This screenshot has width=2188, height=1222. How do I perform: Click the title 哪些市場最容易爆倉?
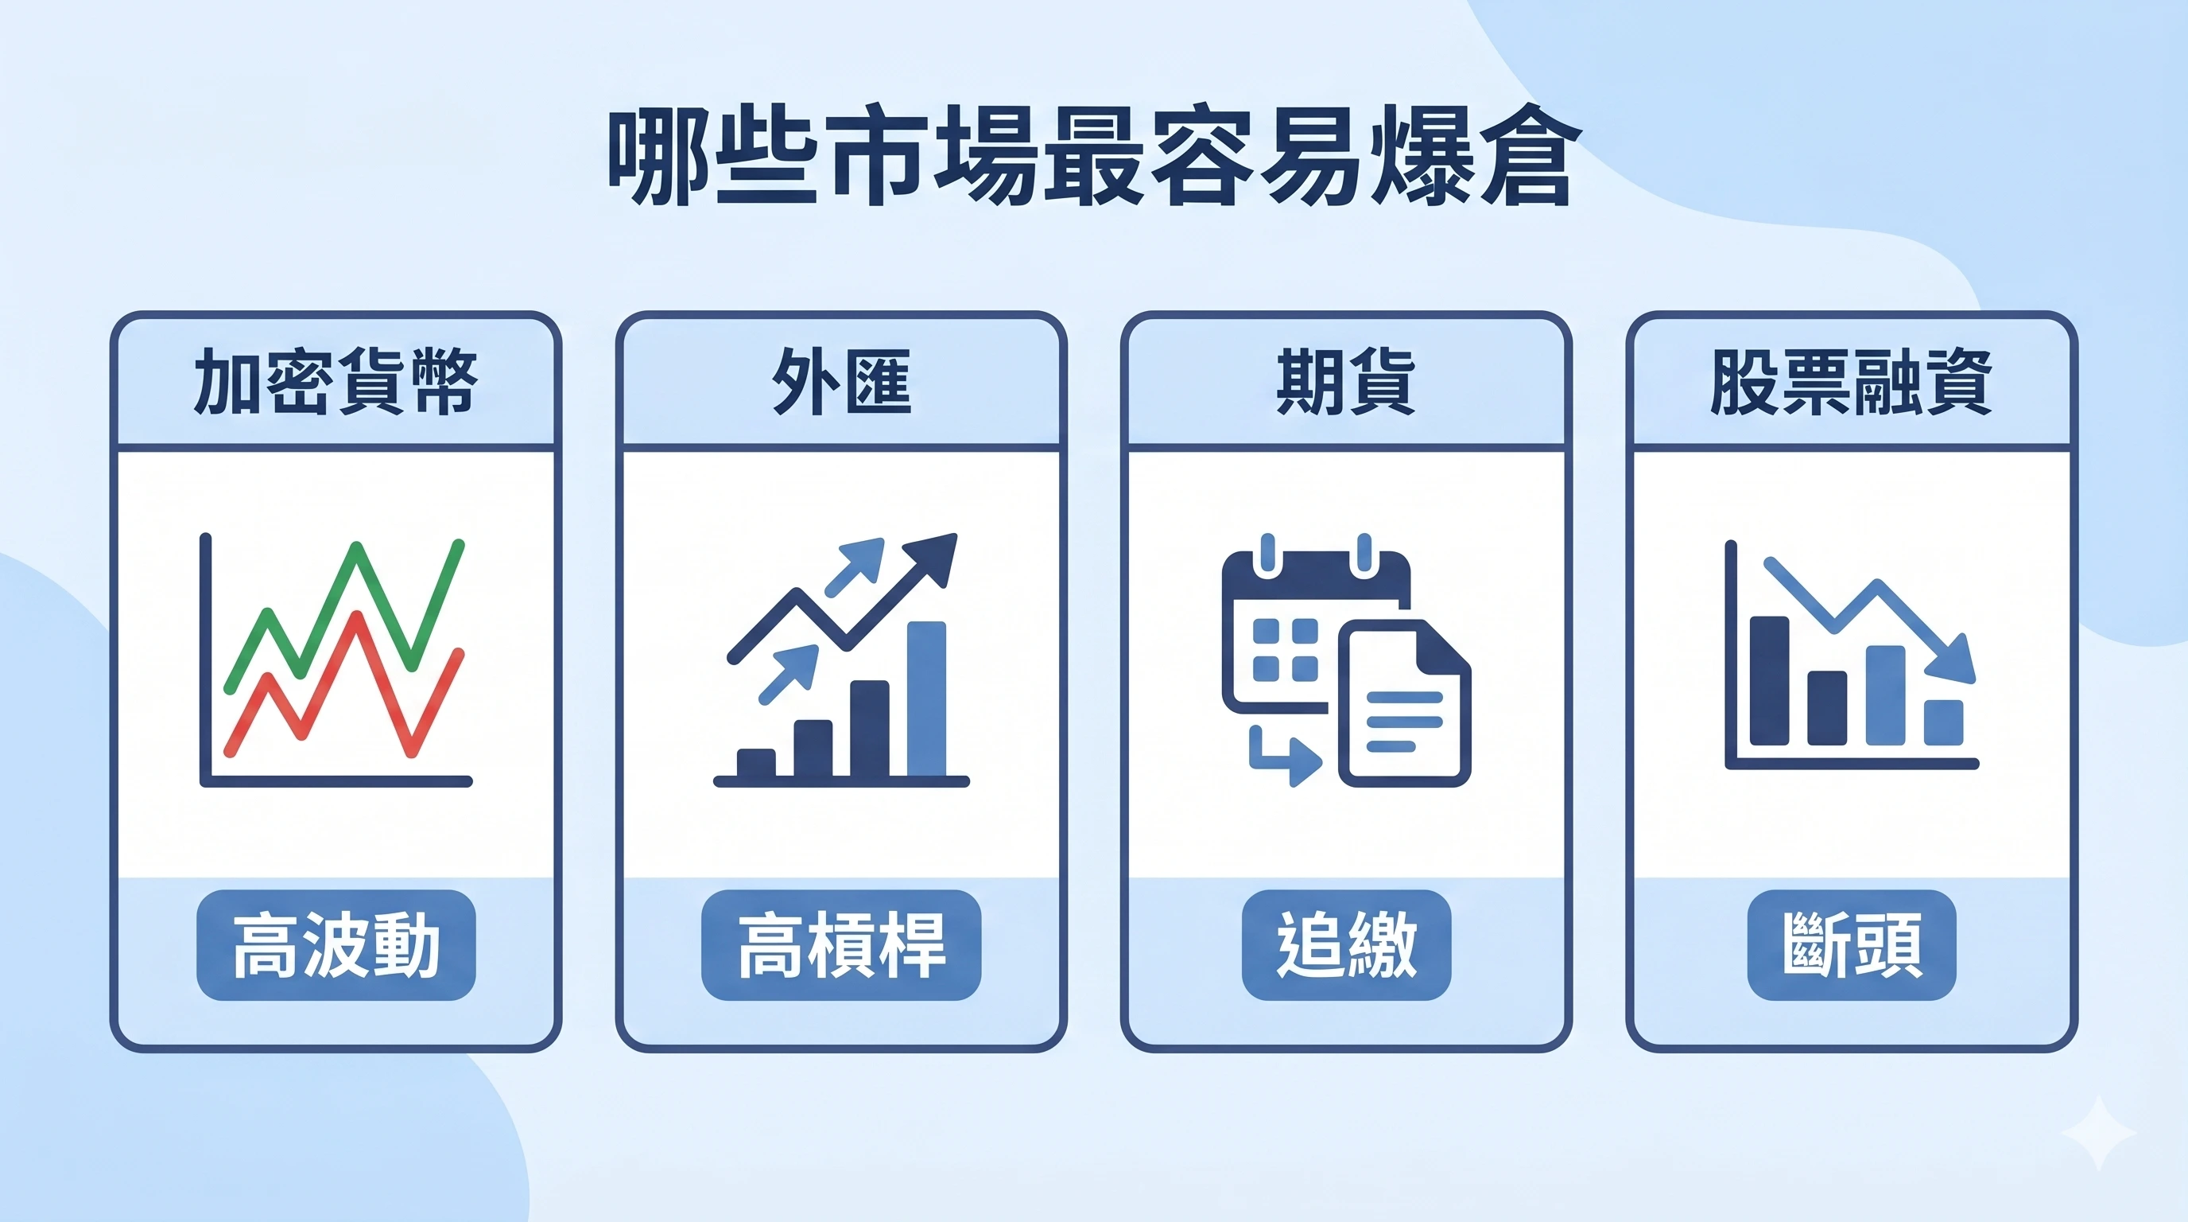[x=1092, y=155]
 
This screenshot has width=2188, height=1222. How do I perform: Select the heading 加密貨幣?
[x=336, y=382]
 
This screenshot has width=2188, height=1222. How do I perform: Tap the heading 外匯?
[x=841, y=382]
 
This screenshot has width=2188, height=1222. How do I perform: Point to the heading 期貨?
[x=1345, y=382]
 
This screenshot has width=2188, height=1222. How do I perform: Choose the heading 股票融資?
[x=1851, y=382]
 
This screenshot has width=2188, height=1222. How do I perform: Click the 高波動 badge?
[x=336, y=944]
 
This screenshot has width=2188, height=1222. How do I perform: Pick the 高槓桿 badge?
[x=841, y=944]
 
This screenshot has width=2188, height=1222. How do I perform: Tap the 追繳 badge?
[x=1345, y=944]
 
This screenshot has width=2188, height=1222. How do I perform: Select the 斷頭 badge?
[x=1851, y=944]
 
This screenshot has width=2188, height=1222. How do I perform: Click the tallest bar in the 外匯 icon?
[x=925, y=699]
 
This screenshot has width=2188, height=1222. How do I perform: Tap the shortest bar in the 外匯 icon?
[x=755, y=762]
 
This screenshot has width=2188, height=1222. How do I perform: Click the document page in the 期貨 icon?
[x=1403, y=706]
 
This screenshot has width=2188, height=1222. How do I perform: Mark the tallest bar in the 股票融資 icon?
[x=1769, y=680]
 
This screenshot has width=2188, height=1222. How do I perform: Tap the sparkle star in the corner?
[x=2099, y=1133]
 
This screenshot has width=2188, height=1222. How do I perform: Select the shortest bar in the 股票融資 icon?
[x=1943, y=722]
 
